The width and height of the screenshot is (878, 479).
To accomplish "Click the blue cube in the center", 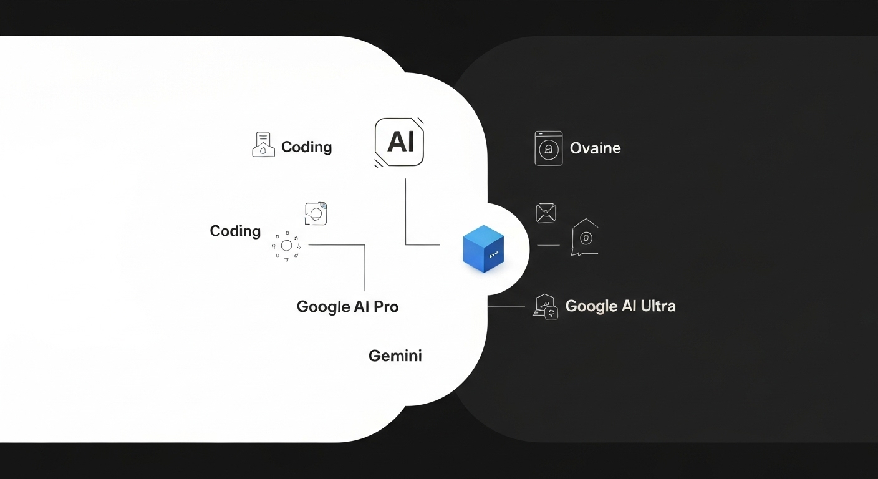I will (x=483, y=248).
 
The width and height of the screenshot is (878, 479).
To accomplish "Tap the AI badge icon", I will (x=399, y=142).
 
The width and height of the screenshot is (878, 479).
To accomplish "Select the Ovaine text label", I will (x=595, y=148).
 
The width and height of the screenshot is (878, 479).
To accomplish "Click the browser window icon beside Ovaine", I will (x=548, y=148).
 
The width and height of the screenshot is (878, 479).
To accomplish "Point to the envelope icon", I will (x=546, y=213).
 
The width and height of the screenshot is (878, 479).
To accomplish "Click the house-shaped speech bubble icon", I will (x=585, y=238).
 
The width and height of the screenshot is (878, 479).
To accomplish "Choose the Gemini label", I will (x=395, y=356).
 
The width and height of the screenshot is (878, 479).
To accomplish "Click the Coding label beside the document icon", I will (x=306, y=147).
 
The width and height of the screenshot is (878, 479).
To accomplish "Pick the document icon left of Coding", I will (x=263, y=145).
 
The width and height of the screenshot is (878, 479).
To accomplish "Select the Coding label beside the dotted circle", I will (x=235, y=231).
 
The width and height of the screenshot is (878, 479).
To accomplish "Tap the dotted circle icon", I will (x=286, y=246).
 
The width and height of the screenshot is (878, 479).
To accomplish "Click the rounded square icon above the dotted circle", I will (x=316, y=214).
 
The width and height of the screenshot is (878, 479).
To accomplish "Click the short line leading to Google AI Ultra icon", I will (x=506, y=306).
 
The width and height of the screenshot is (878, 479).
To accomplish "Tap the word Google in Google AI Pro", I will (x=323, y=307).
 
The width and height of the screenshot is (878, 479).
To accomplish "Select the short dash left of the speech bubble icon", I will (x=548, y=245).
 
